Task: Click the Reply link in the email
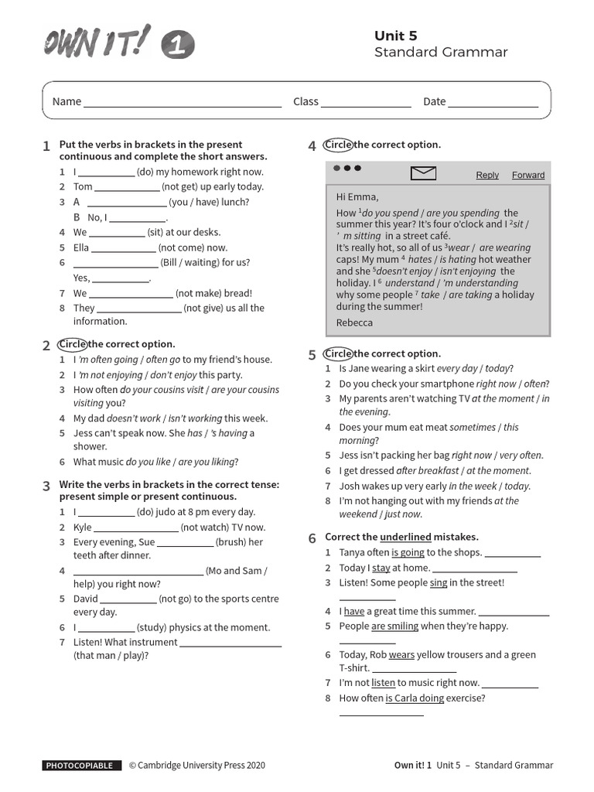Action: pos(487,175)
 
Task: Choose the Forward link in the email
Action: pos(528,175)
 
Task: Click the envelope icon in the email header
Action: pos(424,174)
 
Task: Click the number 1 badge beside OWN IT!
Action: pos(178,46)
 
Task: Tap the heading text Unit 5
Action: pos(395,36)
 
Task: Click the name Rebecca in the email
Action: pos(354,323)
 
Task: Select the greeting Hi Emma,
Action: pos(357,197)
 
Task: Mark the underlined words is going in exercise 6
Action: pos(408,552)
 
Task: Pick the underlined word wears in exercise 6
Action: pos(401,654)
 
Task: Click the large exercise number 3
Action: pos(46,486)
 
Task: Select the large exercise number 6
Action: pos(312,538)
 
